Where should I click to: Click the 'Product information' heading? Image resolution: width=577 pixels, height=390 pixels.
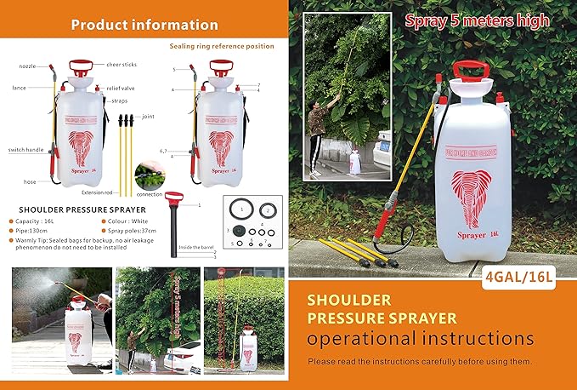pos(144,25)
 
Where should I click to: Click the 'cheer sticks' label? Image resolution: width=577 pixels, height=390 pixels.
pos(123,62)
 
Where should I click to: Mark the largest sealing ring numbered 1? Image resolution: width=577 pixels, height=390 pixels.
pos(241,209)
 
